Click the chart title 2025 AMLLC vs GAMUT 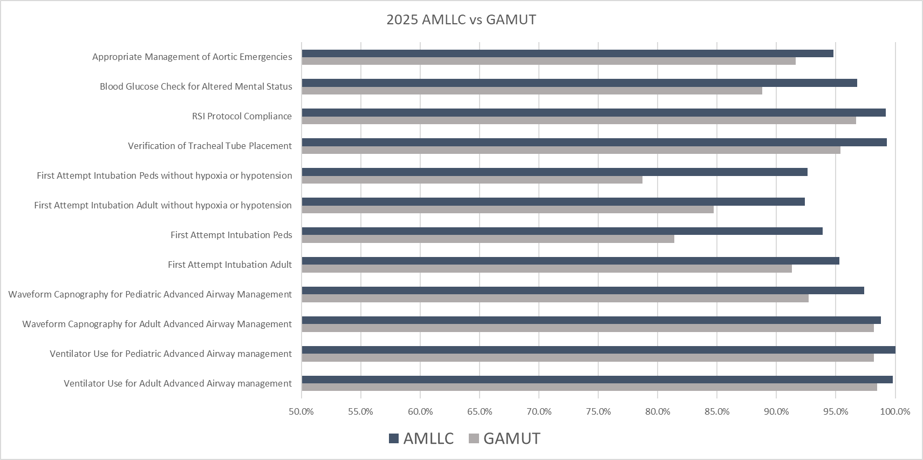[461, 20]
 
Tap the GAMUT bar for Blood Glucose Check [532, 91]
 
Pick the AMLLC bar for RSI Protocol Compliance [593, 113]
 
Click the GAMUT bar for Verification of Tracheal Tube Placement [571, 150]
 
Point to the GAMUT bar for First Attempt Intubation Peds [488, 239]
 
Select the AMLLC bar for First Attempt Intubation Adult [570, 261]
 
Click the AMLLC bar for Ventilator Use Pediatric [598, 350]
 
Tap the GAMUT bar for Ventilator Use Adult [589, 387]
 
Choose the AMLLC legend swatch [394, 439]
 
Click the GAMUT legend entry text [511, 439]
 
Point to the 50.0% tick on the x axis [301, 412]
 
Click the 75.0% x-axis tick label [598, 412]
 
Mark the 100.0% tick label [895, 412]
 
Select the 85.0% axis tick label [717, 412]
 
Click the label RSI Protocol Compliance [242, 116]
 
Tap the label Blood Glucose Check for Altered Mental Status [196, 86]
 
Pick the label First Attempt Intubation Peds [231, 235]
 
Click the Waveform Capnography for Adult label [157, 324]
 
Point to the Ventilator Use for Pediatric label [170, 354]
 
